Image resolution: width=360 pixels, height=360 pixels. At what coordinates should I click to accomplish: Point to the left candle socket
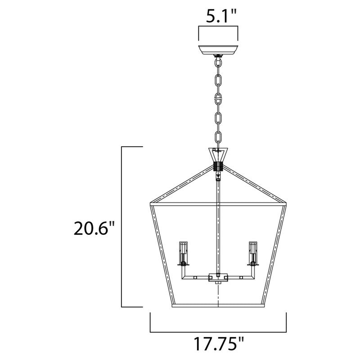[184, 254]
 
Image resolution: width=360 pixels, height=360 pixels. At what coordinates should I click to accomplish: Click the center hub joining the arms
[218, 278]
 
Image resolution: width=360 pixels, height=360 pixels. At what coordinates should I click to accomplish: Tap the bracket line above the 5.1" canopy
[218, 28]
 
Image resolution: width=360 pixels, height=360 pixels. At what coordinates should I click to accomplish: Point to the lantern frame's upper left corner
[150, 205]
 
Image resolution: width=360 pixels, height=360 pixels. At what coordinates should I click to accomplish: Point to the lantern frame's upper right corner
[287, 205]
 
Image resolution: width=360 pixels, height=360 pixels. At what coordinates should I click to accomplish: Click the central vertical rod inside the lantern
[218, 225]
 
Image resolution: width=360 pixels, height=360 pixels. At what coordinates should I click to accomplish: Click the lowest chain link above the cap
[218, 137]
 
